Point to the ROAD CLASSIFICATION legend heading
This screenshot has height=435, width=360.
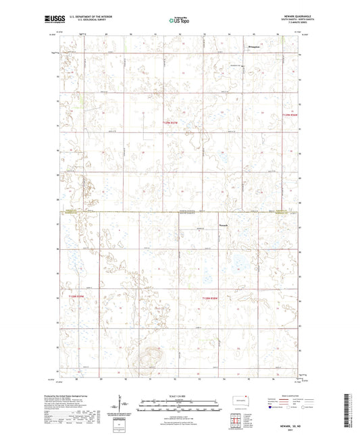point(290,396)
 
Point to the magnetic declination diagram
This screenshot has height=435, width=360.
point(124,405)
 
